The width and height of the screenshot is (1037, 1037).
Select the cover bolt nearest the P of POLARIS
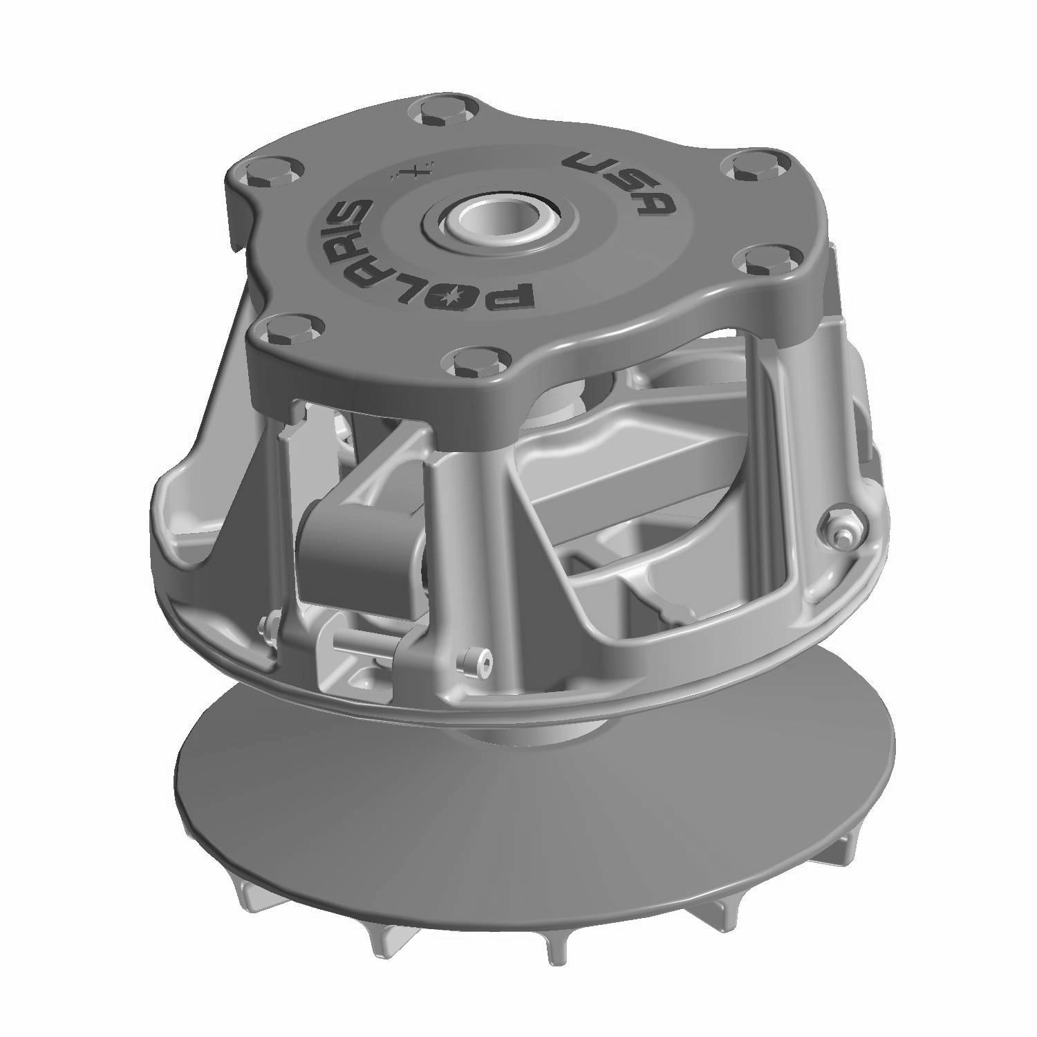(x=469, y=362)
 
